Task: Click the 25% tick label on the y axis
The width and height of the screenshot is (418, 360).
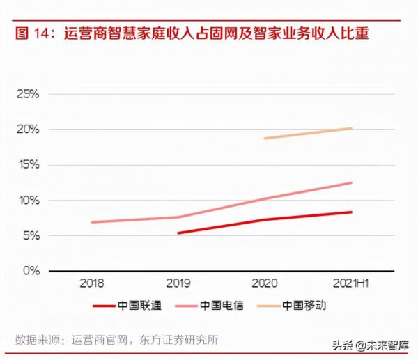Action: (x=27, y=94)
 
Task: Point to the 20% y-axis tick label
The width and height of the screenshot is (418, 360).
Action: (x=27, y=130)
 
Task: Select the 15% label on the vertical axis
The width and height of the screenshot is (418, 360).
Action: (x=27, y=165)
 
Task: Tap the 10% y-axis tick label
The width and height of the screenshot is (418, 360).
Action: (x=27, y=201)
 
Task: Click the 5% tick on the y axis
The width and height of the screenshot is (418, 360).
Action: (x=30, y=236)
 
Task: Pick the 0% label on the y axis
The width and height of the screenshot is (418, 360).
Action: (x=30, y=271)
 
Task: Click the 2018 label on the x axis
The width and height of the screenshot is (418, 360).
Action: (x=92, y=283)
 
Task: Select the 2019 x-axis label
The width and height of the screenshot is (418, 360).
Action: (x=178, y=283)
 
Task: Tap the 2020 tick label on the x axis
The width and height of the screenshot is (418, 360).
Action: (x=265, y=283)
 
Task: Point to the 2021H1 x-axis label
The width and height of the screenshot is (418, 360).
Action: (x=351, y=283)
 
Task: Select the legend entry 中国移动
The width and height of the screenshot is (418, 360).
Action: (x=304, y=305)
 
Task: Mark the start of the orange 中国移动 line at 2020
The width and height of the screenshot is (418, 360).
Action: (x=265, y=139)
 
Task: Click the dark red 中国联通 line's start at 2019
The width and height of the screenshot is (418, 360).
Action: (x=178, y=233)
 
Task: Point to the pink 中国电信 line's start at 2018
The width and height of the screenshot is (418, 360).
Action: (x=92, y=222)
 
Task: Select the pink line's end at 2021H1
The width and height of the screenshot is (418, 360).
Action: (x=351, y=183)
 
